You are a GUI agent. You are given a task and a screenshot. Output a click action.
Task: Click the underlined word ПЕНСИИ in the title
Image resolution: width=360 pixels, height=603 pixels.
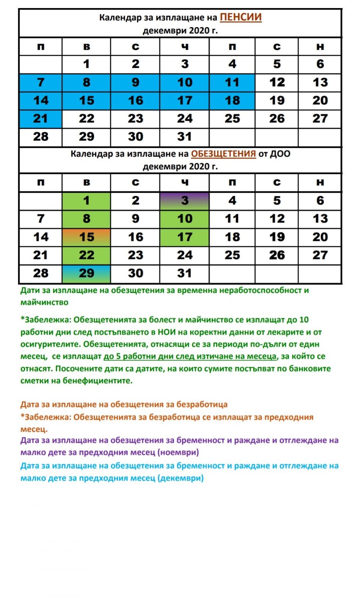click(240, 17)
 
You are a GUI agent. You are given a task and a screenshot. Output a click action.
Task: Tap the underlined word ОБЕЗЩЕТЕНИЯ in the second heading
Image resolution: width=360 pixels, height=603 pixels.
click(223, 154)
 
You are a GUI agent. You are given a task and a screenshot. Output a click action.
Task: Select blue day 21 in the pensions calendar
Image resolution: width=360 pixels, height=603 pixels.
click(41, 119)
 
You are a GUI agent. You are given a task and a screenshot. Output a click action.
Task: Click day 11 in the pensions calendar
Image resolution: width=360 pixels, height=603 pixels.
click(232, 82)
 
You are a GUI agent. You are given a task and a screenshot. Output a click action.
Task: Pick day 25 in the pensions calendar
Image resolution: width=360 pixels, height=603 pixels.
click(232, 119)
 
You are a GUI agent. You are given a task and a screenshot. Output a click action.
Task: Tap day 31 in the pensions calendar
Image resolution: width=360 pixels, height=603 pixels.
click(185, 137)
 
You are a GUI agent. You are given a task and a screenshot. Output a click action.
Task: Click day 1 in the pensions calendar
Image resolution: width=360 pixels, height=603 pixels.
click(86, 64)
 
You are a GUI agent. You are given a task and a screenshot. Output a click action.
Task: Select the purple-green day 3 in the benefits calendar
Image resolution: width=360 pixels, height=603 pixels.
click(185, 200)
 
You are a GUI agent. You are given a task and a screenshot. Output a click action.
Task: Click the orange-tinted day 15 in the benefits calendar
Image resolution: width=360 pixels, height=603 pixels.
click(86, 237)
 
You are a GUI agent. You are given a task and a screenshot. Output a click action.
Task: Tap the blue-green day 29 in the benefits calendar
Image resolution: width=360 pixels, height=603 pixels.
click(86, 273)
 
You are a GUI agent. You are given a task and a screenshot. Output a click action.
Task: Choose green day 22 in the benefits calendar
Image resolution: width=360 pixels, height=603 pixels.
click(86, 255)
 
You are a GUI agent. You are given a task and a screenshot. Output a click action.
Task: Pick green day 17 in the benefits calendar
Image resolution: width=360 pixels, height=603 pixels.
click(185, 237)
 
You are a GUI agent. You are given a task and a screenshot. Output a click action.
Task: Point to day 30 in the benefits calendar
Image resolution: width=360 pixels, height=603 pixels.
click(135, 273)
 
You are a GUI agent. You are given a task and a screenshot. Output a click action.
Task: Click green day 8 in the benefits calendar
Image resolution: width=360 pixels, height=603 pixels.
click(86, 219)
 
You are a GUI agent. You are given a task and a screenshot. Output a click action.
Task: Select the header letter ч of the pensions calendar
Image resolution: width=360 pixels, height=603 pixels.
click(185, 47)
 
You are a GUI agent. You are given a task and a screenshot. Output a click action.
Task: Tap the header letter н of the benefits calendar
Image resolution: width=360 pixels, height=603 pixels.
click(320, 182)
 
